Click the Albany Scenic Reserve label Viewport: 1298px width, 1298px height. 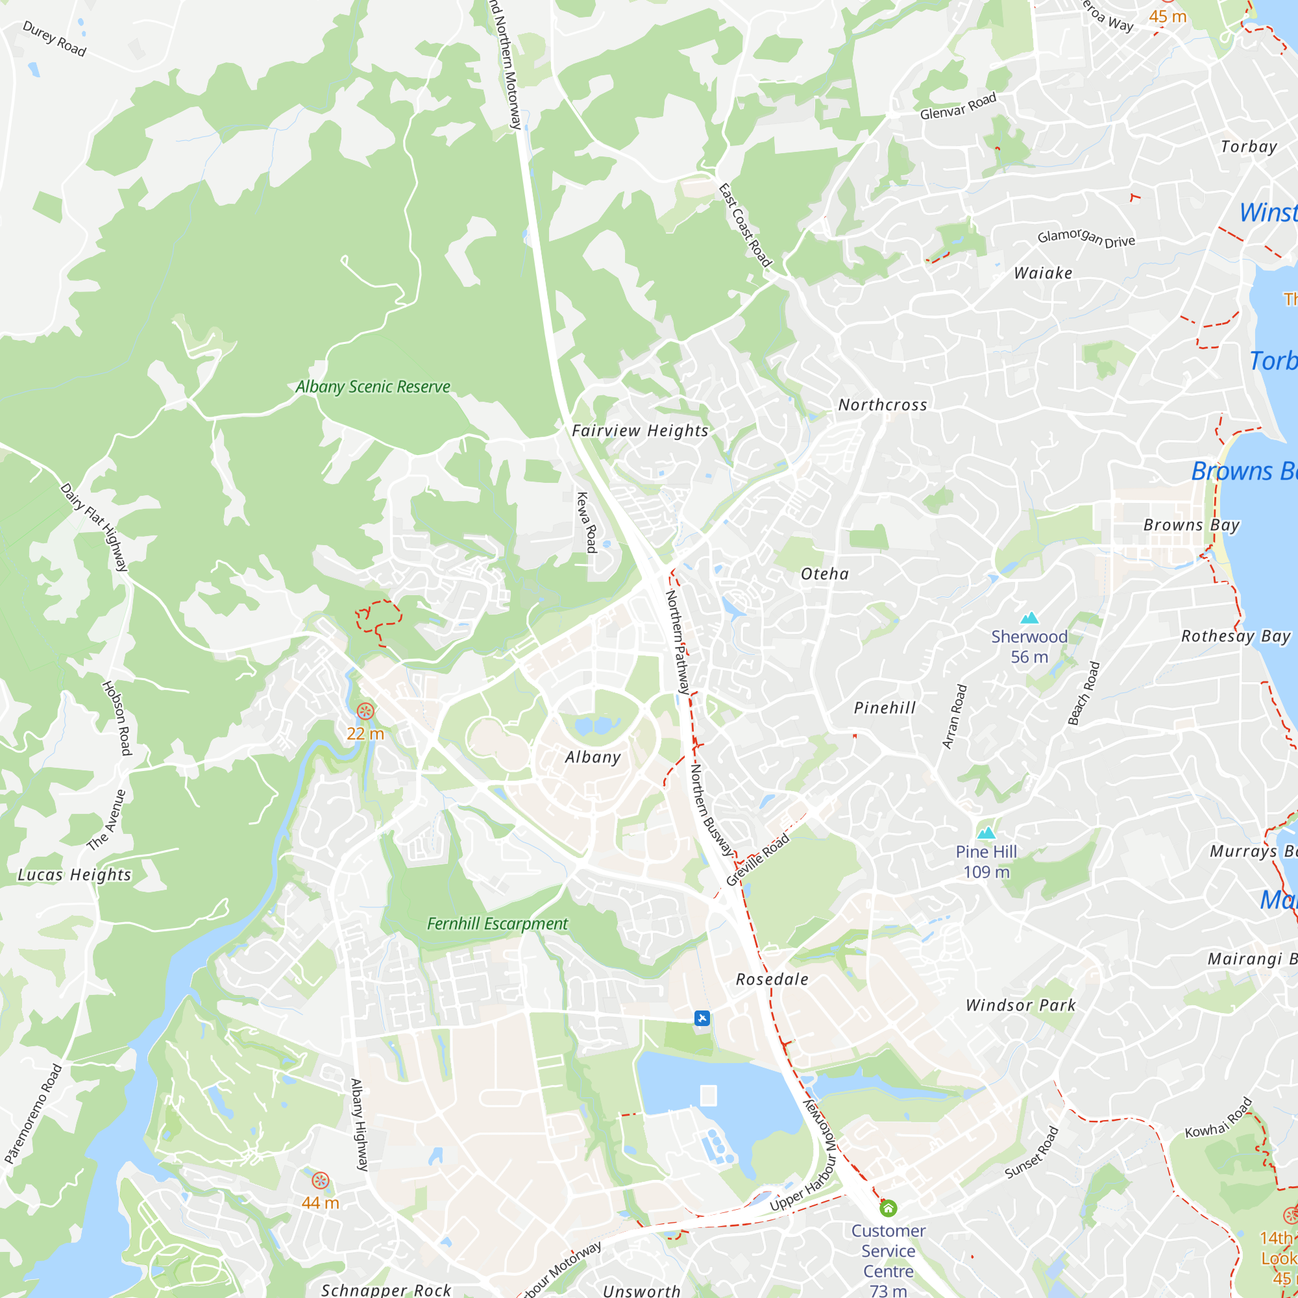click(373, 387)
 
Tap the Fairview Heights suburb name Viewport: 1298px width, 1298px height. click(640, 431)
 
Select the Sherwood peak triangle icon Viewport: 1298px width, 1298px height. click(1029, 618)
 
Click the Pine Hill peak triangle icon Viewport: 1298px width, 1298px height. click(986, 833)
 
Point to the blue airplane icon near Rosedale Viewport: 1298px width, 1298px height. click(702, 1018)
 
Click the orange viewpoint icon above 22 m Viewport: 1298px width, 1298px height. click(365, 711)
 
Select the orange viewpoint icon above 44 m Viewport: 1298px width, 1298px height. click(321, 1181)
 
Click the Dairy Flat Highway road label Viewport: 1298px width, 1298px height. click(94, 528)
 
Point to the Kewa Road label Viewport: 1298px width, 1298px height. click(587, 522)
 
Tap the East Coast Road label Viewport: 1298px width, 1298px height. click(745, 226)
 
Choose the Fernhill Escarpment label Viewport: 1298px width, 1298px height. click(497, 924)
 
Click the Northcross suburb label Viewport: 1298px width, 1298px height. click(883, 405)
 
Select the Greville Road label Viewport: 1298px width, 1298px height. click(758, 860)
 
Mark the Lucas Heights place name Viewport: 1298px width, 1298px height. click(75, 875)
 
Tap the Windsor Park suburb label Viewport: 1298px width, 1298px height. click(1020, 1006)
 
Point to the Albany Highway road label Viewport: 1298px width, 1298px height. click(360, 1125)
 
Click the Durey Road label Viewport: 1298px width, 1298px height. click(55, 39)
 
